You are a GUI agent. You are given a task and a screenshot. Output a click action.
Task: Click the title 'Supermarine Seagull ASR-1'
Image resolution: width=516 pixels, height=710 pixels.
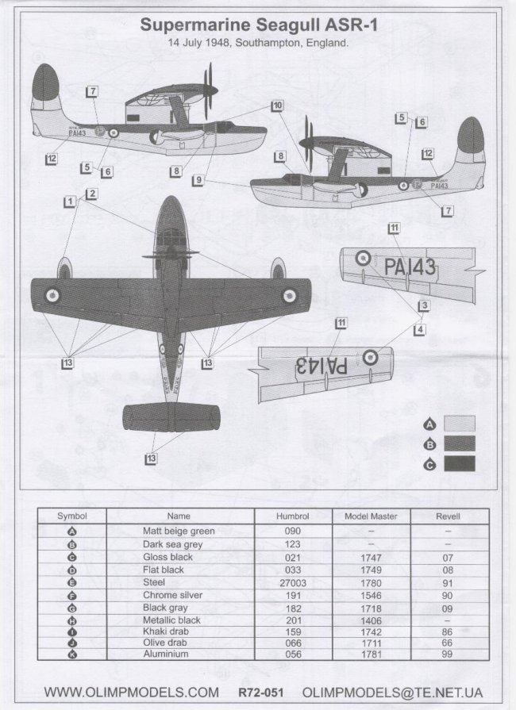[x=259, y=25]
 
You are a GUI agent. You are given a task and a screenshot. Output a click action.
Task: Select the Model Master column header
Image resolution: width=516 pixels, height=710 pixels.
[x=371, y=516]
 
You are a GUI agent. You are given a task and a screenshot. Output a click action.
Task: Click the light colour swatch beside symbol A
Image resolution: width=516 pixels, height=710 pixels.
[x=460, y=422]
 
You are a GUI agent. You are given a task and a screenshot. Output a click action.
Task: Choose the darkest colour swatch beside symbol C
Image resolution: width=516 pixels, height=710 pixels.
[x=460, y=463]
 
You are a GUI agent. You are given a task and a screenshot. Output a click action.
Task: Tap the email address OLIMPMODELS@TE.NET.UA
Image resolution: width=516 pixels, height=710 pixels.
[x=393, y=693]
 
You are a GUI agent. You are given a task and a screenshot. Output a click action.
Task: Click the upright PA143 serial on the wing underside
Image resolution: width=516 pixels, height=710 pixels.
[x=410, y=267]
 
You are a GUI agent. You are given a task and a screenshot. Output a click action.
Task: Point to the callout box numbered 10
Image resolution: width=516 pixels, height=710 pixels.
[x=277, y=106]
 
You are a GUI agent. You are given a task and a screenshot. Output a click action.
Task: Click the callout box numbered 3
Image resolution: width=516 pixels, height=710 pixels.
[x=425, y=305]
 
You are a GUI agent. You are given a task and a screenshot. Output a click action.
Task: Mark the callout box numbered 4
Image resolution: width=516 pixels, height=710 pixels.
[x=419, y=329]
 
